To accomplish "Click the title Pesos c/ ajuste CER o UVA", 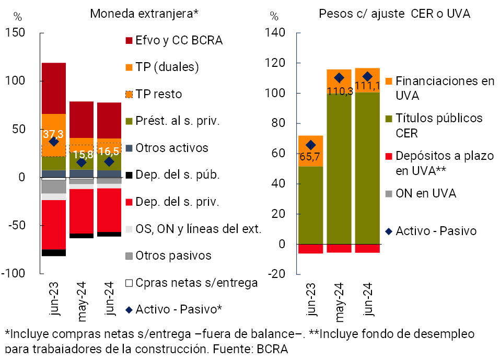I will (x=394, y=14).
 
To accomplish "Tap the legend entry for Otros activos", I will (x=171, y=148).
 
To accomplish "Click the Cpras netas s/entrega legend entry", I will (x=196, y=283).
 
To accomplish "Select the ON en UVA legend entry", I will (x=425, y=193).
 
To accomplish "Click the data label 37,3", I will (x=54, y=135).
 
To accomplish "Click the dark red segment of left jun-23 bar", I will (x=54, y=88).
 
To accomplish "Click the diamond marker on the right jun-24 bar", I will (x=367, y=77).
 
